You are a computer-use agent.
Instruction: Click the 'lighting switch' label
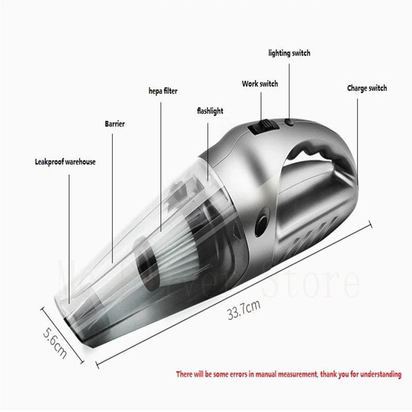pos(289,53)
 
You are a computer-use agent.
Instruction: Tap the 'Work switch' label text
pos(260,84)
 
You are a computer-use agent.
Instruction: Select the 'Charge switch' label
pos(367,89)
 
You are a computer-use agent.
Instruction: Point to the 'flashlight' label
pos(210,111)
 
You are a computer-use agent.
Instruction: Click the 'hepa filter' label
pos(163,91)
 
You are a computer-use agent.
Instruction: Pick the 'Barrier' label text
pos(115,124)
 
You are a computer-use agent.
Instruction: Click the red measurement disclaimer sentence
pos(288,374)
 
